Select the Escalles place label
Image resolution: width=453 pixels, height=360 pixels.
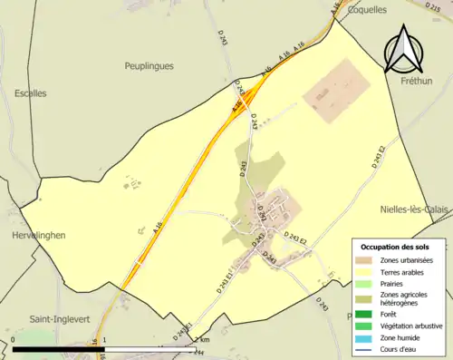pyautogui.click(x=30, y=92)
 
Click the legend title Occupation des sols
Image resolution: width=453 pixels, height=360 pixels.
pyautogui.click(x=400, y=247)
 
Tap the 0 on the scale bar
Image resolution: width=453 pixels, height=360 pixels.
pyautogui.click(x=14, y=340)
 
